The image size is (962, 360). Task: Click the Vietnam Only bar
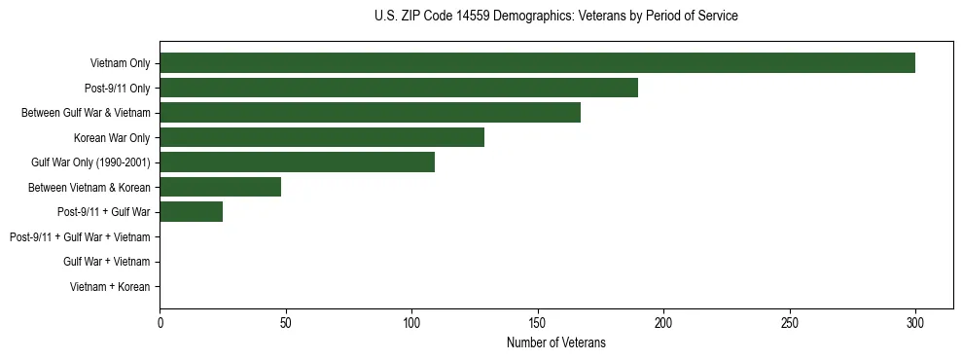(537, 63)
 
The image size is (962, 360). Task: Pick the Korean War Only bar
(322, 137)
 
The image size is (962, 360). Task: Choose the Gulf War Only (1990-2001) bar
(297, 162)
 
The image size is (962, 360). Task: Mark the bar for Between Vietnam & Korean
(221, 187)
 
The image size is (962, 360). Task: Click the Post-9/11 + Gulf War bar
(192, 212)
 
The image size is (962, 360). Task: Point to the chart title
(555, 17)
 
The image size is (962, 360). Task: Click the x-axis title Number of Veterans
(555, 342)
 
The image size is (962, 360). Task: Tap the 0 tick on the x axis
(160, 322)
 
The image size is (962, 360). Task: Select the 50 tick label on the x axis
(286, 322)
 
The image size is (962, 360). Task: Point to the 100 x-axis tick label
(411, 322)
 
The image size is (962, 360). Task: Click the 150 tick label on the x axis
(538, 322)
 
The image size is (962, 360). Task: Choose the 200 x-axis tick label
(663, 322)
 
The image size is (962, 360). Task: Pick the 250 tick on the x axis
(789, 322)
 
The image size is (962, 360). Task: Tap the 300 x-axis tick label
(915, 322)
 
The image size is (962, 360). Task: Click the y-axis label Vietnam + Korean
(110, 287)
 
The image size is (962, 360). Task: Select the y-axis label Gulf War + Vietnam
(106, 262)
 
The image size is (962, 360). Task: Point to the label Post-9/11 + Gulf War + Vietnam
(79, 237)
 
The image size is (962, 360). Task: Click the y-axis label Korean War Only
(112, 138)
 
